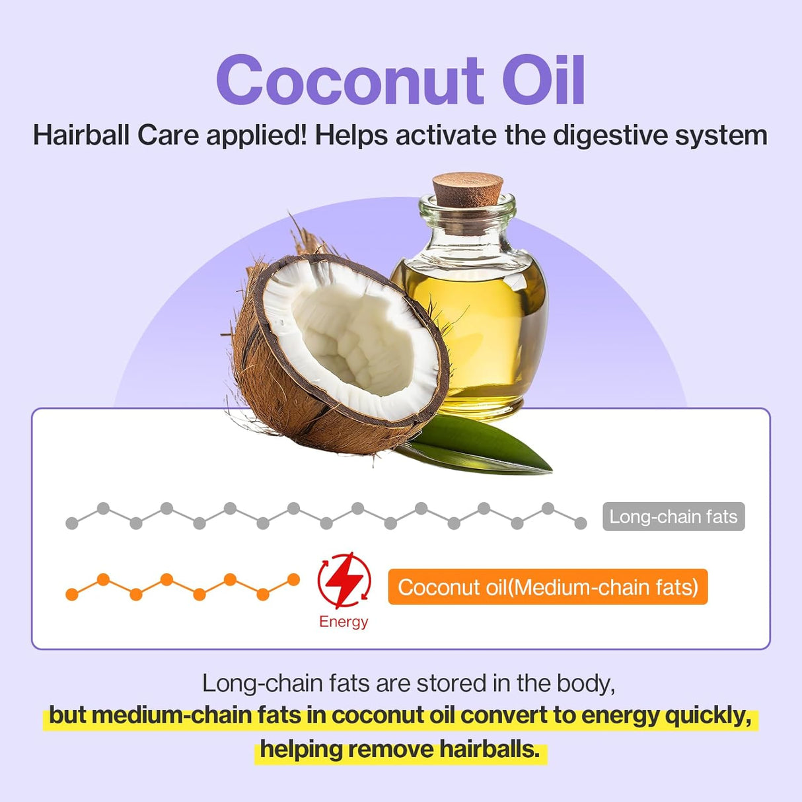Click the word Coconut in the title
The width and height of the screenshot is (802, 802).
350,81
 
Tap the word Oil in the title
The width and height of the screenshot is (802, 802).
543,81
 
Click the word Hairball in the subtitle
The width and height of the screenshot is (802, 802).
82,135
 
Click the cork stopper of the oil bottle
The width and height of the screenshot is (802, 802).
468,188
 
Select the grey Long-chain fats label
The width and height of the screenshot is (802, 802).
673,517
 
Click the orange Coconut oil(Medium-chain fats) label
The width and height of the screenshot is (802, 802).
548,587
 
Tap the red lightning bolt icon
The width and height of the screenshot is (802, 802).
344,581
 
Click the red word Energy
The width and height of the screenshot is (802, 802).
344,622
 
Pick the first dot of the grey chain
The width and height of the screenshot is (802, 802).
72,523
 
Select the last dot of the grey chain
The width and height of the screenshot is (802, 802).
580,523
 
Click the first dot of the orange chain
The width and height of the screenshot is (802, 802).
72,595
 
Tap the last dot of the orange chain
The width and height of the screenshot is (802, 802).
293,580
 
